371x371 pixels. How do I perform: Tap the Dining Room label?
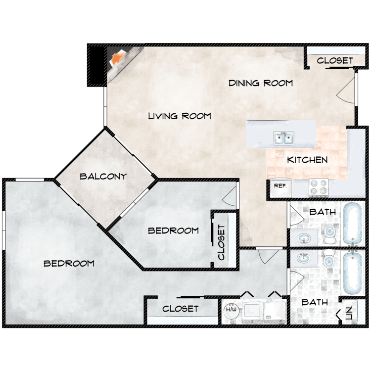(x=261, y=83)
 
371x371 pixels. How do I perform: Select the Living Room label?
(x=180, y=116)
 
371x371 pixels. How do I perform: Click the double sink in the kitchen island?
(x=283, y=139)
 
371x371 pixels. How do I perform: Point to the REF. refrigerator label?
(x=280, y=186)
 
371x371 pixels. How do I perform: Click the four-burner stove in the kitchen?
(x=319, y=187)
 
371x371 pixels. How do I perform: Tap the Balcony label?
(x=103, y=177)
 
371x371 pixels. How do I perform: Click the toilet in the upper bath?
(x=330, y=234)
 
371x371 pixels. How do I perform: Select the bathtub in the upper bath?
(x=353, y=224)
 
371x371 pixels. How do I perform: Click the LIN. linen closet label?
(x=349, y=313)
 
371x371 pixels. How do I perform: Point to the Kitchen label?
(x=307, y=160)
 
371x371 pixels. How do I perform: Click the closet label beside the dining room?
(x=335, y=60)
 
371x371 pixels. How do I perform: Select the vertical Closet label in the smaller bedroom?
(x=221, y=242)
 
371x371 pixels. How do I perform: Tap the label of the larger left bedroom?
(x=69, y=263)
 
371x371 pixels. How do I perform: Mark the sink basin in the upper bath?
(x=304, y=238)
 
